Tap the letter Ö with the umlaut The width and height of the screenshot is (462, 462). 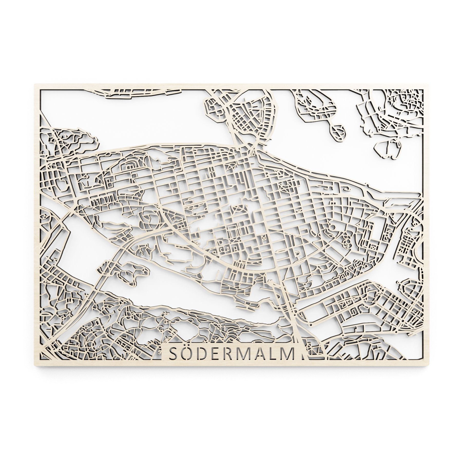pyautogui.click(x=188, y=353)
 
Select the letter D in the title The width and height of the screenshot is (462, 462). pyautogui.click(x=204, y=354)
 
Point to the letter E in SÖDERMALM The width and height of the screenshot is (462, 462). pyautogui.click(x=217, y=354)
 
